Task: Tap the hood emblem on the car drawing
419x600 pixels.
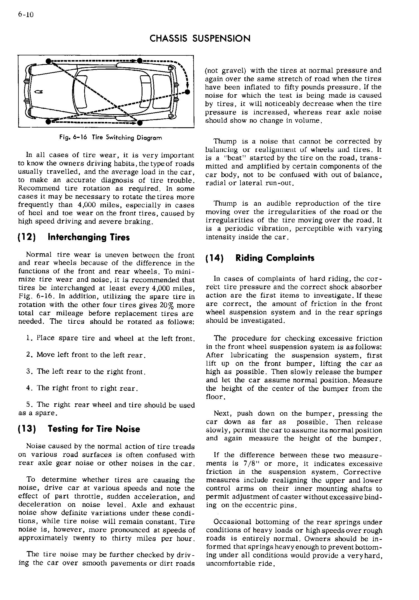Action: tap(37, 91)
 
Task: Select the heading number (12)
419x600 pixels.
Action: tap(27, 237)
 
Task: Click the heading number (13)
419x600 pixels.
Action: tap(27, 429)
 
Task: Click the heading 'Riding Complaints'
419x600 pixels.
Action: tap(275, 258)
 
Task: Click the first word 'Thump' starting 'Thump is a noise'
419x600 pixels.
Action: tap(225, 142)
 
